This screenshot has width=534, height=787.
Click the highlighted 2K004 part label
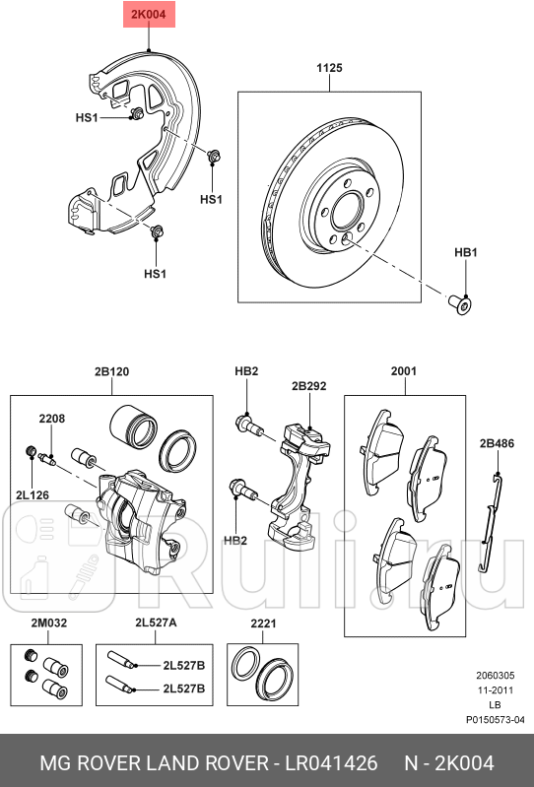click(146, 15)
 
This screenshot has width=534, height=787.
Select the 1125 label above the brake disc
click(328, 68)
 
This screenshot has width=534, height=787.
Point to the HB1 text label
click(465, 253)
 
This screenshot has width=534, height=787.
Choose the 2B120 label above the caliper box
click(111, 371)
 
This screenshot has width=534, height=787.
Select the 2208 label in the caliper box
click(51, 418)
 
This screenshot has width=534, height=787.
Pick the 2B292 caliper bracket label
click(308, 386)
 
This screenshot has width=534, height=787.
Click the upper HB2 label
click(245, 371)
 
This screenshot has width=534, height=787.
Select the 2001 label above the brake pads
click(404, 371)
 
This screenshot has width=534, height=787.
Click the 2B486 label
click(497, 443)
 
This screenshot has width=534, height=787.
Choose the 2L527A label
click(156, 623)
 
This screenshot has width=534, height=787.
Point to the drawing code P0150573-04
click(496, 719)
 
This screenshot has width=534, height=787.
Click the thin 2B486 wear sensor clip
click(490, 522)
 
